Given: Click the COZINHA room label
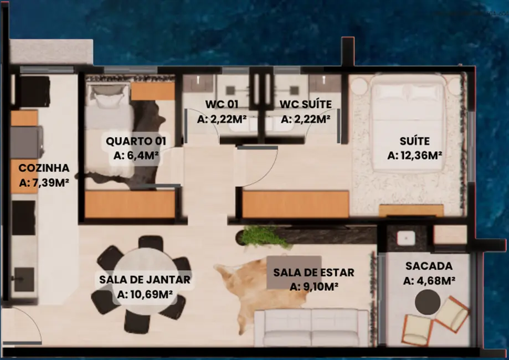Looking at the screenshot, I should [44, 168].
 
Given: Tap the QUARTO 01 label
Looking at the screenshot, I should [136, 141].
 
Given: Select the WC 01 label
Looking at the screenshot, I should [222, 104].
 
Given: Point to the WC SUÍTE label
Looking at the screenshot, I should [305, 104].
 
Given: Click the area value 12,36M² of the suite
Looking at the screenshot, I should [415, 156].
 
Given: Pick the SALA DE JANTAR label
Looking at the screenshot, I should [145, 280].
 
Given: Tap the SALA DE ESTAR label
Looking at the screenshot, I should [313, 272].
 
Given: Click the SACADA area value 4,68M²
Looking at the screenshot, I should [429, 281].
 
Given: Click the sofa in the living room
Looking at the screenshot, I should [312, 328].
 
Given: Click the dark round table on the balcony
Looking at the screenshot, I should [428, 302].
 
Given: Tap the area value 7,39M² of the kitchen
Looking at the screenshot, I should [44, 182].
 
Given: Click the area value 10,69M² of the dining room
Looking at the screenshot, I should [145, 295].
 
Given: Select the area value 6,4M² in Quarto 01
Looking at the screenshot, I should [136, 156].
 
